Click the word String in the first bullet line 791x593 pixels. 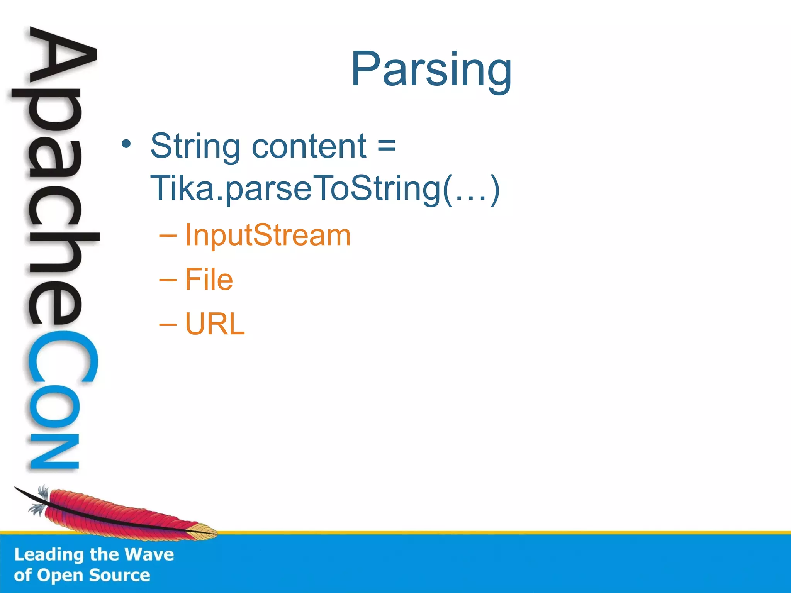[x=195, y=147]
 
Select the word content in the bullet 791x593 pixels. [x=309, y=146]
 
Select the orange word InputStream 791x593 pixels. [x=268, y=235]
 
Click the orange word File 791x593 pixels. [x=209, y=280]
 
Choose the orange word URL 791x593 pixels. [x=215, y=324]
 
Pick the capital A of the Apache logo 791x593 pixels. [x=62, y=58]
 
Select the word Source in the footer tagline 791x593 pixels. [x=119, y=576]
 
